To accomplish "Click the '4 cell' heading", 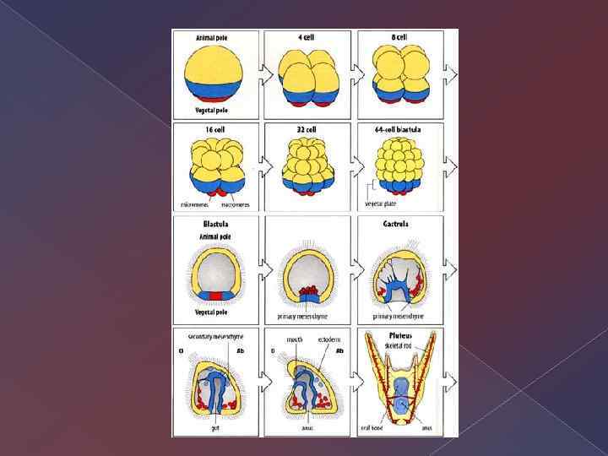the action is click(x=308, y=38).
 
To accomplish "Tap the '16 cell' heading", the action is click(x=214, y=130).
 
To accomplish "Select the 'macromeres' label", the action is click(x=235, y=204).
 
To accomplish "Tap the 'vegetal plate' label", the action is click(x=381, y=204).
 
